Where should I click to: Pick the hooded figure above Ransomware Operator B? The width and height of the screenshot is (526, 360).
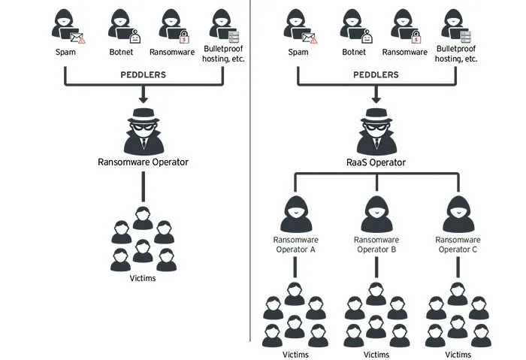pyautogui.click(x=376, y=213)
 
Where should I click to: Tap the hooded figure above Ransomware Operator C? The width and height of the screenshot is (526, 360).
pyautogui.click(x=458, y=213)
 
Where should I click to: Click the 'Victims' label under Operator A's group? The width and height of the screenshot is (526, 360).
pyautogui.click(x=294, y=354)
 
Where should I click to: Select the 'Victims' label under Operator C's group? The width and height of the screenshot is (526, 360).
pyautogui.click(x=458, y=354)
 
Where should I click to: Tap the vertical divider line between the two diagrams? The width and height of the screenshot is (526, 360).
pyautogui.click(x=249, y=180)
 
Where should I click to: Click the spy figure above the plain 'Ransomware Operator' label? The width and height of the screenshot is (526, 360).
pyautogui.click(x=143, y=130)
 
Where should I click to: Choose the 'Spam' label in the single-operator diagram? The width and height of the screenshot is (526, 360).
pyautogui.click(x=66, y=53)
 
